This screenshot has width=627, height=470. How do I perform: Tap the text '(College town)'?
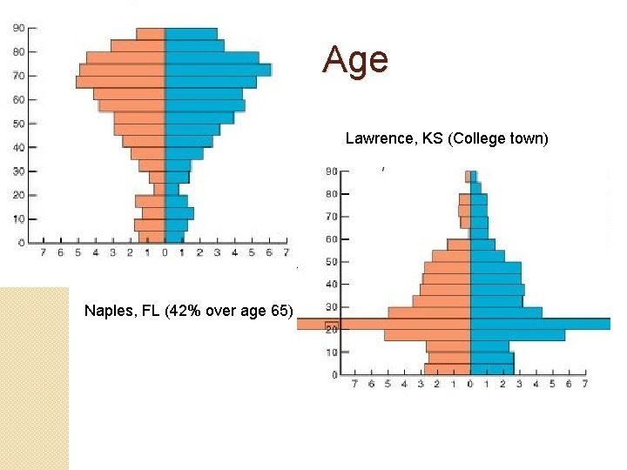pyautogui.click(x=497, y=138)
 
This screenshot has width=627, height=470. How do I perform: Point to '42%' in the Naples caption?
pyautogui.click(x=179, y=311)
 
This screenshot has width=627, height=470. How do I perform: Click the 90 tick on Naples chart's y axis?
pyautogui.click(x=18, y=28)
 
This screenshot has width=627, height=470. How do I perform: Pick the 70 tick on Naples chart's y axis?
pyautogui.click(x=18, y=76)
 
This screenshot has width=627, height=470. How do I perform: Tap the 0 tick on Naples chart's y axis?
pyautogui.click(x=21, y=241)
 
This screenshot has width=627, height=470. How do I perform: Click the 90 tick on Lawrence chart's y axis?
pyautogui.click(x=333, y=171)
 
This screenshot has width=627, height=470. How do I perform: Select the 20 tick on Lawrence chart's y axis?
pyautogui.click(x=333, y=330)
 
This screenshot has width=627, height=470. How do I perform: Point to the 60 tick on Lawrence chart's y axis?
pyautogui.click(x=333, y=239)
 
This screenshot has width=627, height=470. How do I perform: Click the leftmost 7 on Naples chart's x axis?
pyautogui.click(x=44, y=253)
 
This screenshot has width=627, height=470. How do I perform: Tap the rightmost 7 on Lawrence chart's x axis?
pyautogui.click(x=585, y=384)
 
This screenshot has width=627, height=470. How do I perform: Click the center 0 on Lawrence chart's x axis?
pyautogui.click(x=470, y=384)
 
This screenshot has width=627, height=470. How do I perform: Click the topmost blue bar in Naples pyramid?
pyautogui.click(x=191, y=34)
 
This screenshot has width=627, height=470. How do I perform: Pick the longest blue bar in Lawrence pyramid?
pyautogui.click(x=540, y=324)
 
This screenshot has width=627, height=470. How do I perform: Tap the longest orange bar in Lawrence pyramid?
pyautogui.click(x=384, y=324)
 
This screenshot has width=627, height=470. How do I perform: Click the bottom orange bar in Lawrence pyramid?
pyautogui.click(x=448, y=369)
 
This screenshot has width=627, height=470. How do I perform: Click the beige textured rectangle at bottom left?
pyautogui.click(x=34, y=379)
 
